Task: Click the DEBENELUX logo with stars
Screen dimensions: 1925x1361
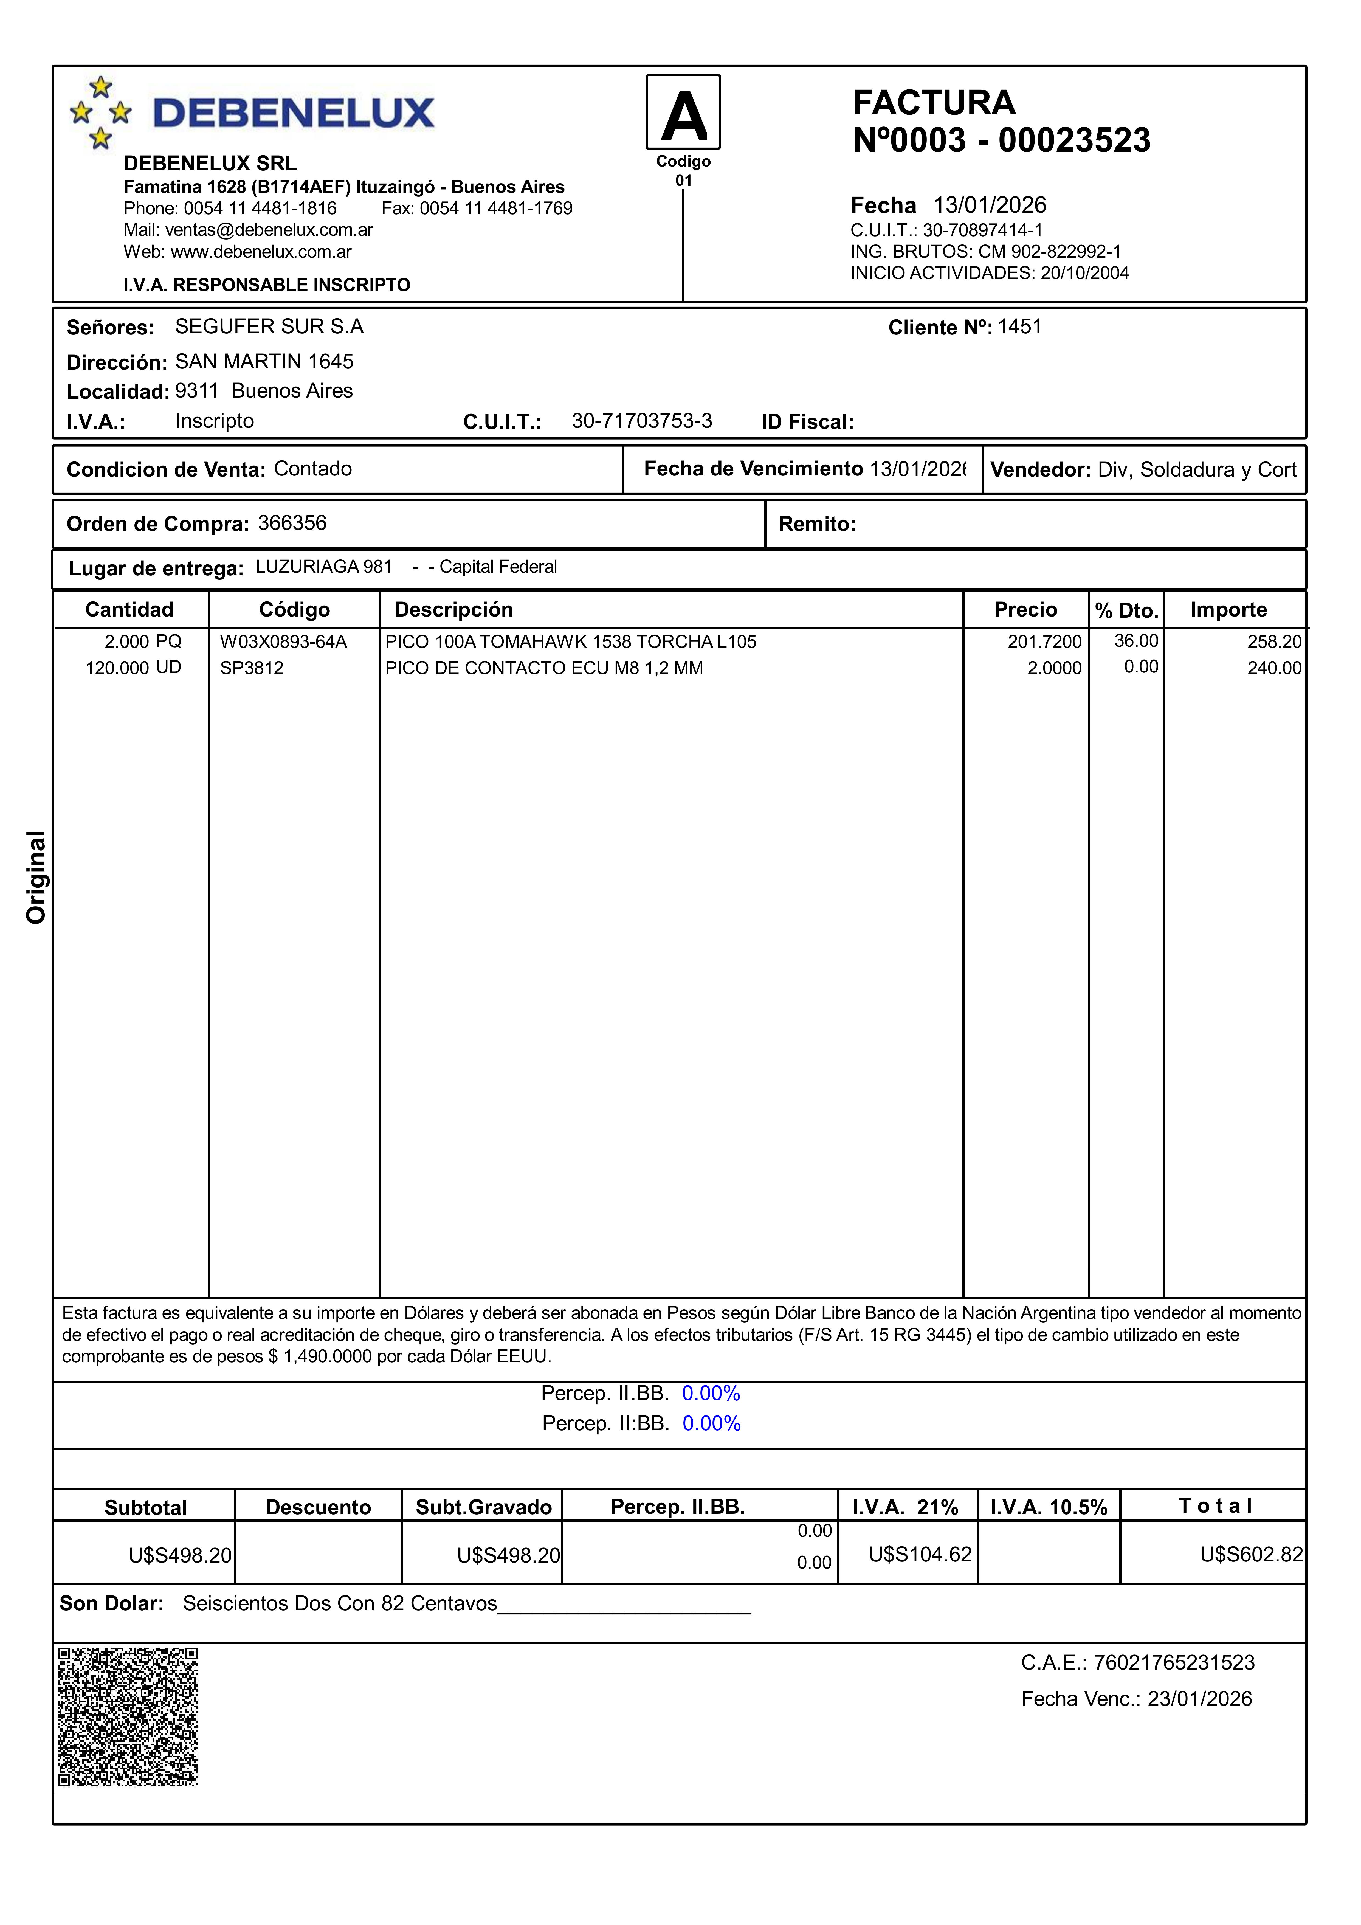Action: pos(252,113)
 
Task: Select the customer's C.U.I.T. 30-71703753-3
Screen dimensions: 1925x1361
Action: pos(641,421)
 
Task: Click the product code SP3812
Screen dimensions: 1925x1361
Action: pos(252,668)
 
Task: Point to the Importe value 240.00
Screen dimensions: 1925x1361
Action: pos(1274,668)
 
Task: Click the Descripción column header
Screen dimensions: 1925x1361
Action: pos(454,610)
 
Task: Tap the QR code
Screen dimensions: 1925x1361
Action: pos(128,1716)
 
